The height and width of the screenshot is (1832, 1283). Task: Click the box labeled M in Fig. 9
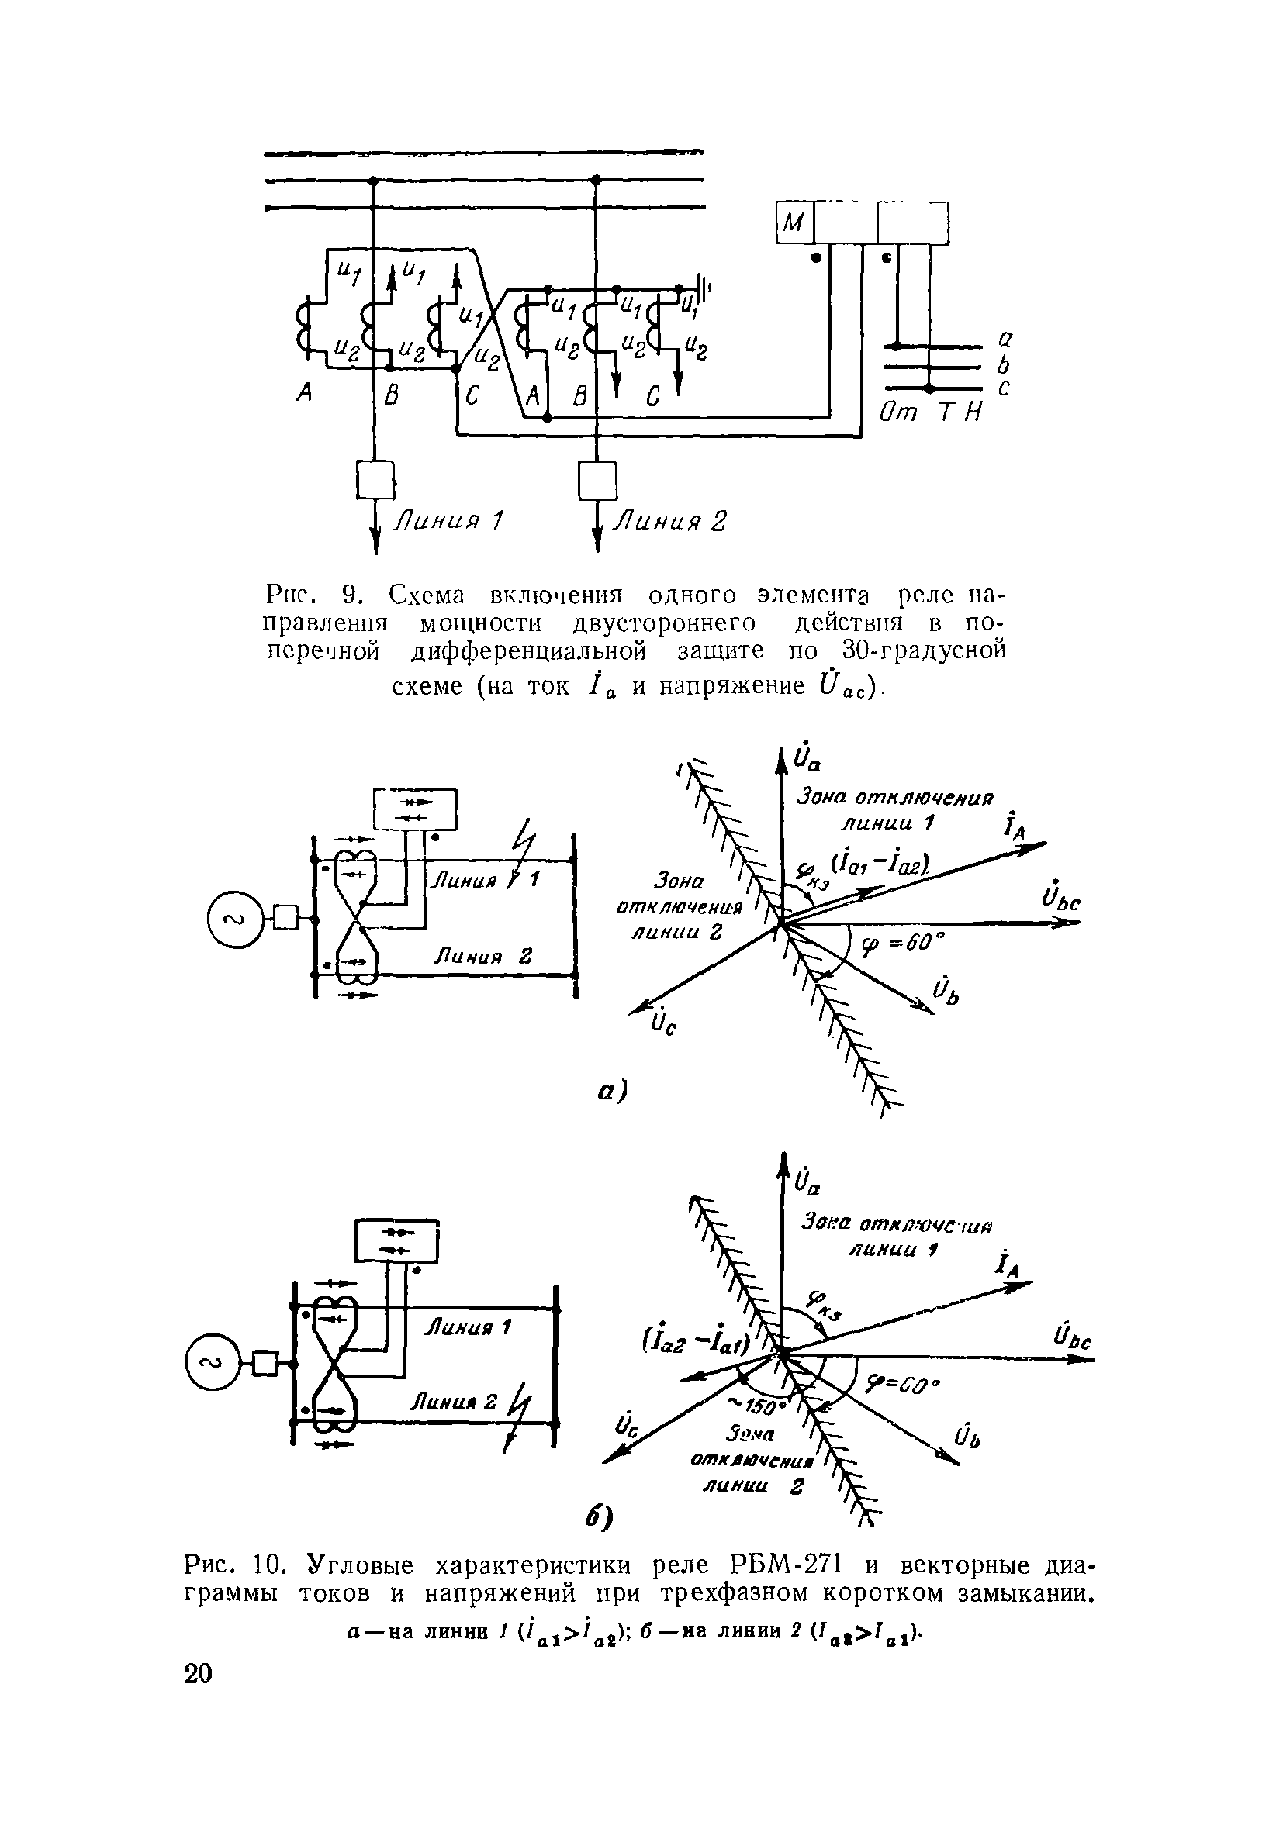click(794, 223)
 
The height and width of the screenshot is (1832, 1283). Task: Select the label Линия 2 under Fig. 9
click(669, 522)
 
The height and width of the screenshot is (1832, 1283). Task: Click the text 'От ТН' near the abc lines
click(931, 413)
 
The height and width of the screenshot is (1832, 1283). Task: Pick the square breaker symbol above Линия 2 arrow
click(597, 481)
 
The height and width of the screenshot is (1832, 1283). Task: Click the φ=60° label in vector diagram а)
click(903, 945)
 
